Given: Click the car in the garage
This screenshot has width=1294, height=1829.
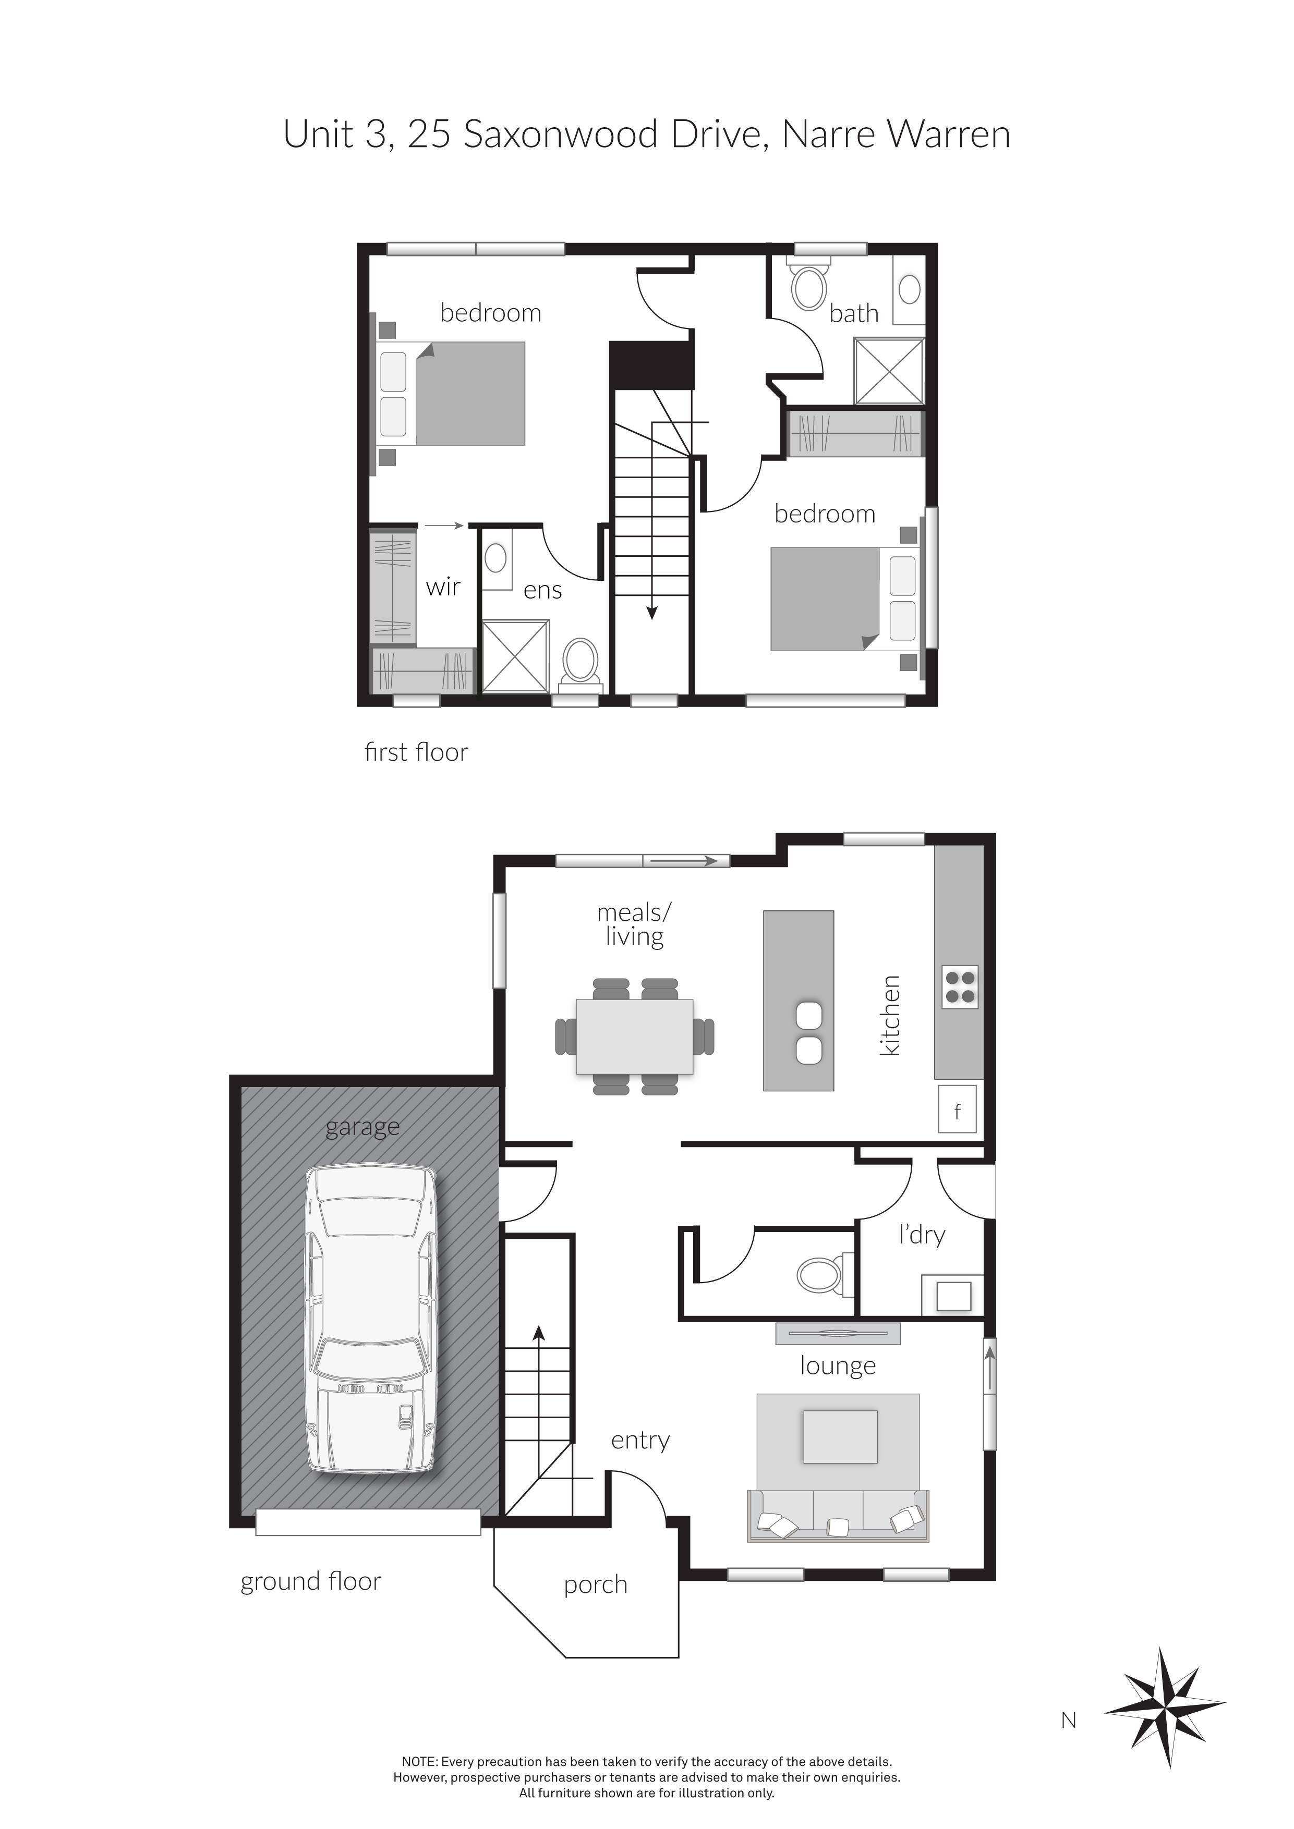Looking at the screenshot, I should pyautogui.click(x=370, y=1319).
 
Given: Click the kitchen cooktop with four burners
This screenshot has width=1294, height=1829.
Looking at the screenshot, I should pyautogui.click(x=959, y=986).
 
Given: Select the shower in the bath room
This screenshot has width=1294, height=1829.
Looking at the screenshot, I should pyautogui.click(x=888, y=371).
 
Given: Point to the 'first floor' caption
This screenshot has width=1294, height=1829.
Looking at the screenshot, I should pyautogui.click(x=416, y=752).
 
